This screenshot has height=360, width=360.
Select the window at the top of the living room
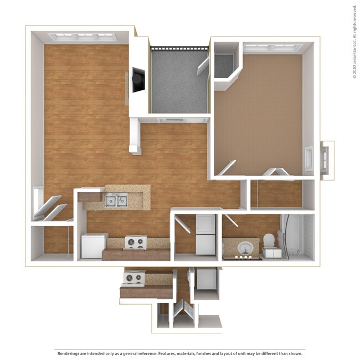click(82, 37)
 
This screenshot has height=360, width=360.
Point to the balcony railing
click(179, 48)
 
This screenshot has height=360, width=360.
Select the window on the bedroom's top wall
click(272, 48)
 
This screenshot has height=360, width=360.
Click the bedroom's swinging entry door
click(227, 168)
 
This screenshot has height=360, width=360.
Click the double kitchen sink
click(116, 200)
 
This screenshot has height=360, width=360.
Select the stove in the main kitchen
click(135, 243)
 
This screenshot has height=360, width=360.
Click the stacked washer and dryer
click(205, 234)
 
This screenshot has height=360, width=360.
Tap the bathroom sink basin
click(244, 247)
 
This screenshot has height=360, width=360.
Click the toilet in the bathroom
click(269, 241)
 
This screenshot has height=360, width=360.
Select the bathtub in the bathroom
click(298, 237)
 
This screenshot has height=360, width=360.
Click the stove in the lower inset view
click(133, 277)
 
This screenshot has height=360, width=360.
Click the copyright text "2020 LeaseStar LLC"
click(354, 55)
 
